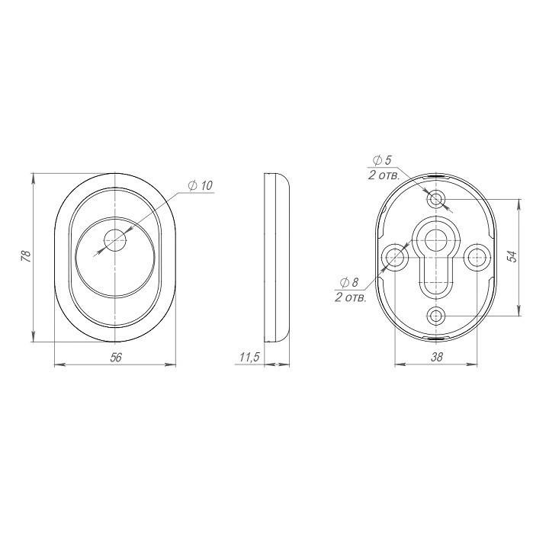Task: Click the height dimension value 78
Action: (x=27, y=257)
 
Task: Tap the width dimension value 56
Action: (x=116, y=358)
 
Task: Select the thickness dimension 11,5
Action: (x=249, y=358)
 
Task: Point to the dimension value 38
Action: (x=437, y=357)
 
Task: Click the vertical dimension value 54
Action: (x=512, y=257)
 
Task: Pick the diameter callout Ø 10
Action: (x=201, y=185)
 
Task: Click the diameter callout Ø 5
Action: (x=382, y=161)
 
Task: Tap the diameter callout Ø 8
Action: (x=349, y=282)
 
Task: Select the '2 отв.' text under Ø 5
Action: (x=384, y=175)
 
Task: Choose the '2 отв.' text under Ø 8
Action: (x=351, y=297)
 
